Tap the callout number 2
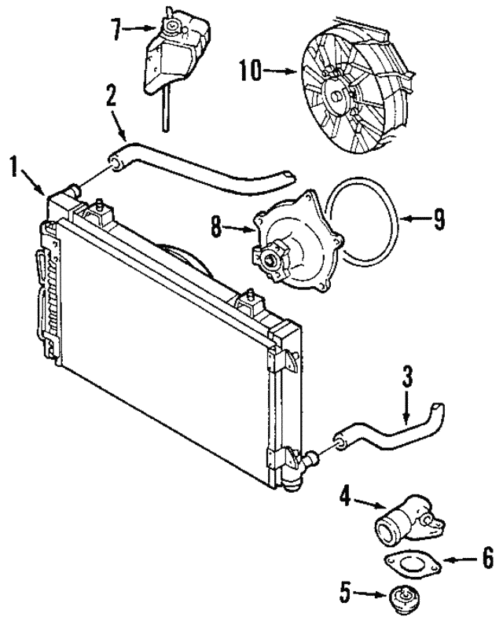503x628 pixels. tap(112, 95)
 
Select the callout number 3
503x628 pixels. tap(407, 376)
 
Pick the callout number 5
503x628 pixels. tap(346, 593)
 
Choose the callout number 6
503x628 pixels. tap(488, 559)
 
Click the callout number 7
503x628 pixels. tap(116, 29)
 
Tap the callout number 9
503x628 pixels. tap(439, 219)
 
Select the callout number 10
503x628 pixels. tap(251, 71)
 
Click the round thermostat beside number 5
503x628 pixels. tap(401, 598)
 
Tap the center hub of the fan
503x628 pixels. tap(336, 94)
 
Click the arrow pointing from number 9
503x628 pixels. tap(415, 219)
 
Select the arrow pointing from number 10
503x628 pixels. tap(281, 72)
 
